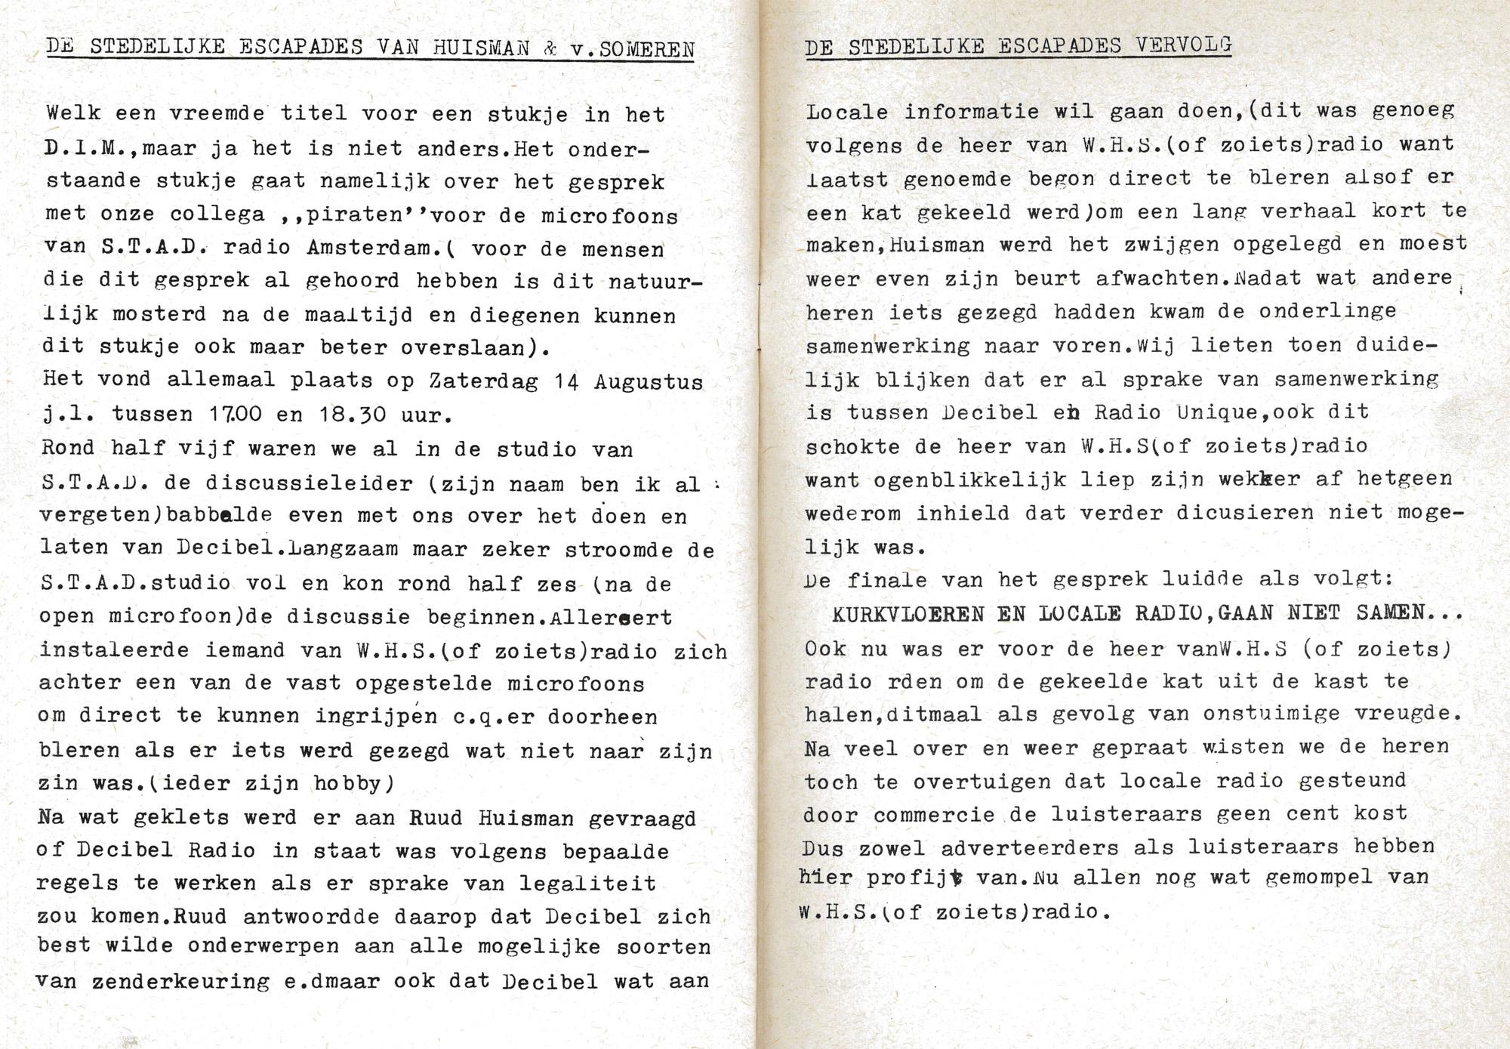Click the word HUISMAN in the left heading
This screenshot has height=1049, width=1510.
482,48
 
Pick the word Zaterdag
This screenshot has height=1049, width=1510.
484,381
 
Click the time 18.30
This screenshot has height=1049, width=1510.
363,415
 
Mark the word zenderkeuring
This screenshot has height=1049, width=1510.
181,983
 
